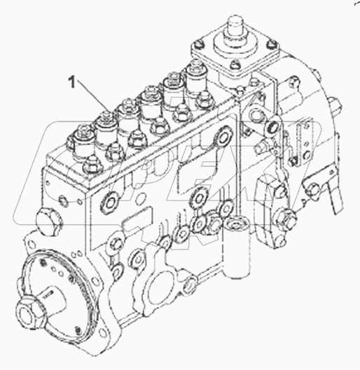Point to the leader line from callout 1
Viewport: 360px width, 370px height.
tap(89, 97)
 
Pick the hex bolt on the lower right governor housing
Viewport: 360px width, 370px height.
tap(285, 218)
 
